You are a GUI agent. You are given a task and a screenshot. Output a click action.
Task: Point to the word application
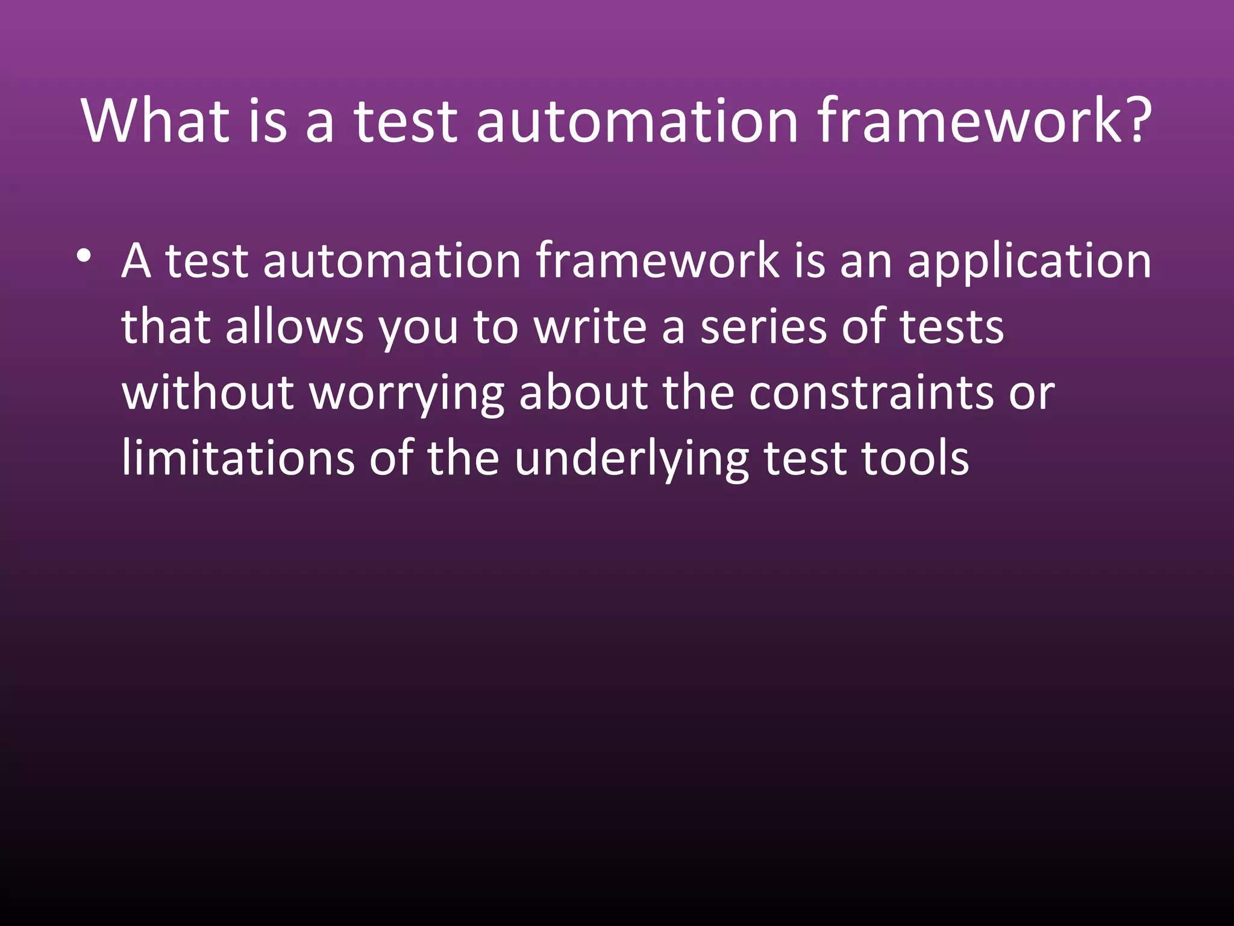click(x=1029, y=262)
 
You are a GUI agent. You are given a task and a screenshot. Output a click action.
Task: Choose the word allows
click(x=295, y=327)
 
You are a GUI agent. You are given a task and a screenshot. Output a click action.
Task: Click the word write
click(x=590, y=327)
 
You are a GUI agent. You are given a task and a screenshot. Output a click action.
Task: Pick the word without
click(x=208, y=393)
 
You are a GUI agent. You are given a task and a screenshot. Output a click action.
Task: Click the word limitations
click(x=238, y=459)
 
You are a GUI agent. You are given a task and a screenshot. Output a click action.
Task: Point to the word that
click(x=166, y=327)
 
